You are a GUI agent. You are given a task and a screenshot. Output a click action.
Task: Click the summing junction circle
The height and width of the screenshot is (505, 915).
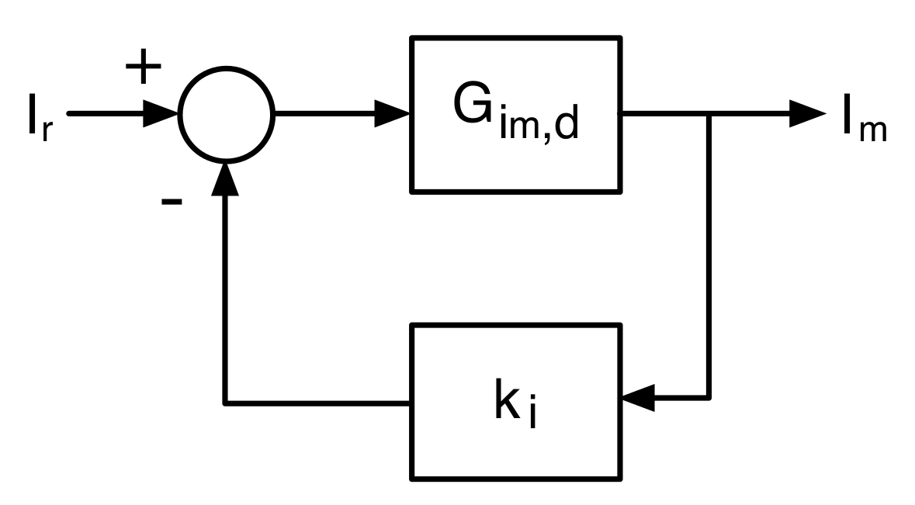(226, 115)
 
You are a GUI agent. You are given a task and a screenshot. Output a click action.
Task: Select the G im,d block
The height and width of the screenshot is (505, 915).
(515, 114)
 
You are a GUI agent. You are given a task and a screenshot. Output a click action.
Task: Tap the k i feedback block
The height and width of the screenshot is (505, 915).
(515, 402)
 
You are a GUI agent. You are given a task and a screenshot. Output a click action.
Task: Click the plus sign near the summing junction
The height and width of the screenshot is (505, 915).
(144, 67)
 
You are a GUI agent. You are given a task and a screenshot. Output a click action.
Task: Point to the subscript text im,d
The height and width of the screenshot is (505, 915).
(540, 124)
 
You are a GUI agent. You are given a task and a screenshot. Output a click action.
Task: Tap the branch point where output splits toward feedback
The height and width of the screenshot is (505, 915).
(707, 115)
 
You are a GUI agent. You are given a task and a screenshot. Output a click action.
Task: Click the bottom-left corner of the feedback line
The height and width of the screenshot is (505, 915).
(226, 402)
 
